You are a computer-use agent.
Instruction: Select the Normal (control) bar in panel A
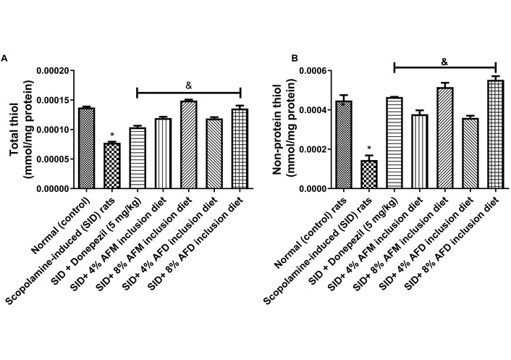click(x=86, y=148)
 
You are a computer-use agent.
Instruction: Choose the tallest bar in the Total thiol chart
click(x=188, y=145)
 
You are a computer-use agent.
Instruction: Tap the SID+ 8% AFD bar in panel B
click(x=495, y=135)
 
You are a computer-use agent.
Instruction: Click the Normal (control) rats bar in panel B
click(x=343, y=145)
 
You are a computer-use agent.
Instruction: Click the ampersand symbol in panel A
click(x=188, y=84)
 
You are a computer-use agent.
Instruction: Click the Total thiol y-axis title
click(x=14, y=129)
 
